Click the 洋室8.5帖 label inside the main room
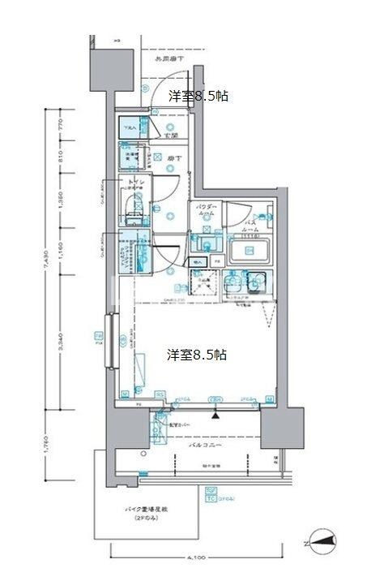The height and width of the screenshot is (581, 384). point(197,355)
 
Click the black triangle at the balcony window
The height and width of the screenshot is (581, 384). point(215,415)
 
